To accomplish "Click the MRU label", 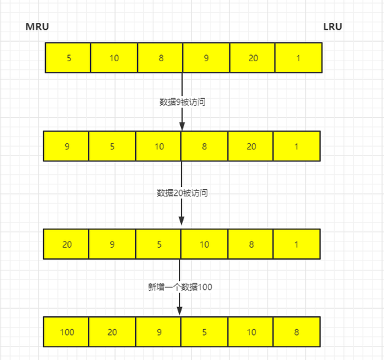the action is [x=37, y=26].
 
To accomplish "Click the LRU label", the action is [x=333, y=26].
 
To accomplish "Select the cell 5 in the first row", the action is [x=68, y=58].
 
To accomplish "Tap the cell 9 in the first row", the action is [x=206, y=58].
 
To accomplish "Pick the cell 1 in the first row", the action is [x=299, y=58].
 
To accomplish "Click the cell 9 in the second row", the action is [x=66, y=146].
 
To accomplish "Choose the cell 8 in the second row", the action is [x=204, y=146].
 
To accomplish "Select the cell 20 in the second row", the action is [x=251, y=146].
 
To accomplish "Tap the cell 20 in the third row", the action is [x=66, y=244].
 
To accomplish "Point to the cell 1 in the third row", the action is [x=297, y=244].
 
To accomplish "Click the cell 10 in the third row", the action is [x=204, y=244].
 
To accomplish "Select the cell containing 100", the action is [x=66, y=332].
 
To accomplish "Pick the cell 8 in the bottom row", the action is [x=297, y=332].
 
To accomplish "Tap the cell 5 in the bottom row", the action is [x=204, y=332].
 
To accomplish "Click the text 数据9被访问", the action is [x=182, y=102].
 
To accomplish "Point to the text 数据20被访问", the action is [x=182, y=193].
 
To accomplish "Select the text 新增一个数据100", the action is [x=180, y=287].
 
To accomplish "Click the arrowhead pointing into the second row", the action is [x=182, y=126].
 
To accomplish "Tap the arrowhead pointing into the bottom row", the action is [x=180, y=311].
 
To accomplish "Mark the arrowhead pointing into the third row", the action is [x=182, y=221].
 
